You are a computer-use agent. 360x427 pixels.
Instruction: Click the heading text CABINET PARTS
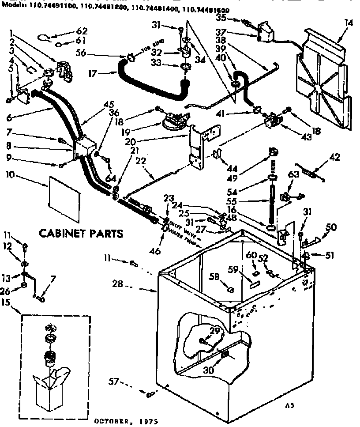pyautogui.click(x=82, y=232)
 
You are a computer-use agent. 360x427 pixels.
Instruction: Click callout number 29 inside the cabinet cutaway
pyautogui.click(x=215, y=331)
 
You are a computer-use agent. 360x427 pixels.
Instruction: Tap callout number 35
pyautogui.click(x=221, y=18)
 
